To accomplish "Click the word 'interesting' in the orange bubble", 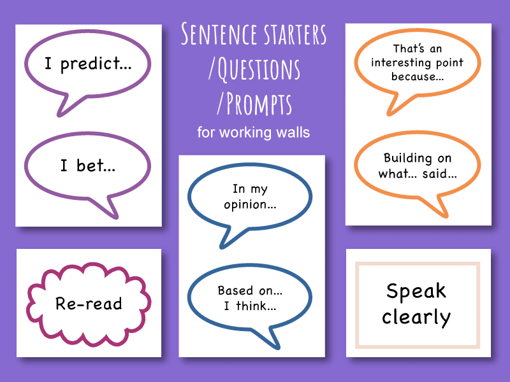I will click(418, 62).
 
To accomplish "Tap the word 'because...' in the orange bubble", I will click(418, 76).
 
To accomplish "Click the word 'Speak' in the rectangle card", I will click(416, 292).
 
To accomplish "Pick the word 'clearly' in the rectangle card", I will click(416, 316).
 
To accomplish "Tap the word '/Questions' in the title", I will click(254, 69).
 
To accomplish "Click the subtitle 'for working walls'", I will click(253, 133).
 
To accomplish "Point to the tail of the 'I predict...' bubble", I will click(64, 106).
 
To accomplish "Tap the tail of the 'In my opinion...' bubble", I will click(227, 238).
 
